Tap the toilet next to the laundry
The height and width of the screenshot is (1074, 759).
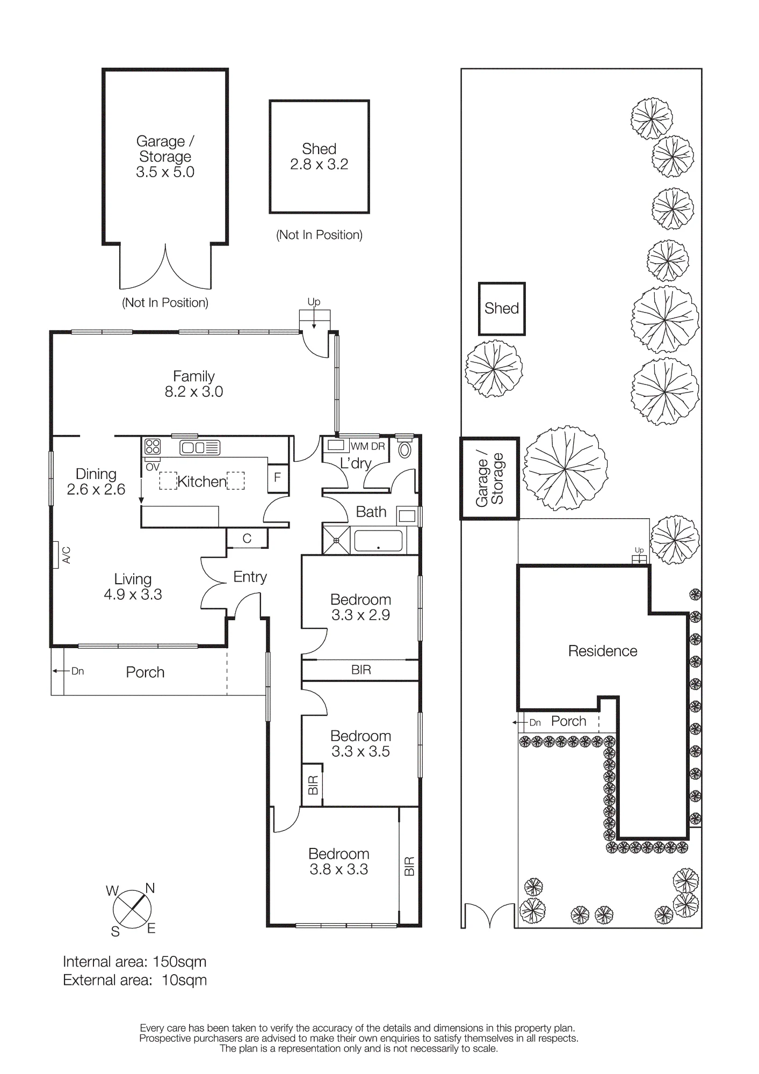(x=404, y=449)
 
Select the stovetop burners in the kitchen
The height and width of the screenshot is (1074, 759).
(x=153, y=447)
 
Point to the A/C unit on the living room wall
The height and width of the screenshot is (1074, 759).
(x=56, y=555)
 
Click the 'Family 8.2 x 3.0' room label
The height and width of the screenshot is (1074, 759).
(x=193, y=384)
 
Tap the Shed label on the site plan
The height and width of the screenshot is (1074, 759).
(x=501, y=308)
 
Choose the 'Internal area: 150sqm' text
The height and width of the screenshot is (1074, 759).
(x=134, y=962)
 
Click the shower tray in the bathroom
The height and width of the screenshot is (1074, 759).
(x=336, y=540)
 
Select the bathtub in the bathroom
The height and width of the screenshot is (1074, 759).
(x=378, y=540)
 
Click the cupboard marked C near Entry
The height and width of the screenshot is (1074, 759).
(x=247, y=538)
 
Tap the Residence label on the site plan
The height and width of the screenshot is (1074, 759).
(x=603, y=651)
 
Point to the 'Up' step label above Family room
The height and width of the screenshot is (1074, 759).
(x=314, y=302)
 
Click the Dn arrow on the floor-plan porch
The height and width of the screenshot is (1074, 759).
(x=62, y=671)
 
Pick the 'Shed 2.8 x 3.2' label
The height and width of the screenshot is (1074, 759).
(x=319, y=156)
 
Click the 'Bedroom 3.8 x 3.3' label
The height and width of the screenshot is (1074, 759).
(x=338, y=861)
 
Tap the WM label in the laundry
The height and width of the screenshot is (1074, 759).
(x=359, y=446)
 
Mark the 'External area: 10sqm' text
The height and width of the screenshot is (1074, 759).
(x=135, y=980)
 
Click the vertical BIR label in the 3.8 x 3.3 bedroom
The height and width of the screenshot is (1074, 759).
(x=409, y=866)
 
